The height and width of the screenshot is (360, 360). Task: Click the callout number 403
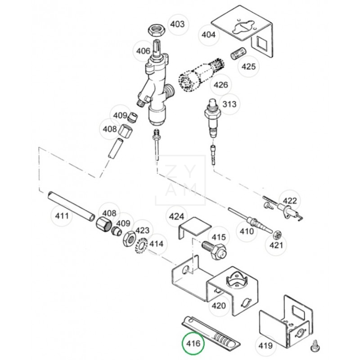click(x=177, y=24)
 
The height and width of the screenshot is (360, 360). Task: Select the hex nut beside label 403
click(x=156, y=30)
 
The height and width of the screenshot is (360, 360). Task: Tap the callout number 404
click(x=208, y=35)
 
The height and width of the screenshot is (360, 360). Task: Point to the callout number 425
click(x=249, y=67)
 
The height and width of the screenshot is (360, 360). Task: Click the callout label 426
click(x=221, y=85)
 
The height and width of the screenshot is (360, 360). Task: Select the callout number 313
click(x=229, y=104)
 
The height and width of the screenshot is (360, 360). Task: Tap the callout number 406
click(x=143, y=51)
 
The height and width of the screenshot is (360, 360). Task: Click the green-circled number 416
click(x=193, y=343)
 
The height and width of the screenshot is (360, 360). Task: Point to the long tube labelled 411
click(x=72, y=206)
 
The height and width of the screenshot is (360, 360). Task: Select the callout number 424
click(x=176, y=216)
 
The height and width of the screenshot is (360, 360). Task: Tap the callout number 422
click(x=290, y=201)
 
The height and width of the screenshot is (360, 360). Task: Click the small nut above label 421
click(x=277, y=234)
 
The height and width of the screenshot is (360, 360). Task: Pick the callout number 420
click(x=219, y=306)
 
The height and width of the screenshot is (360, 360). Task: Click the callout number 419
click(x=265, y=346)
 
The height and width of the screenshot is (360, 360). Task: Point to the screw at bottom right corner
click(x=315, y=346)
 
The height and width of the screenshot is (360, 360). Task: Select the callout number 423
click(x=142, y=230)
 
